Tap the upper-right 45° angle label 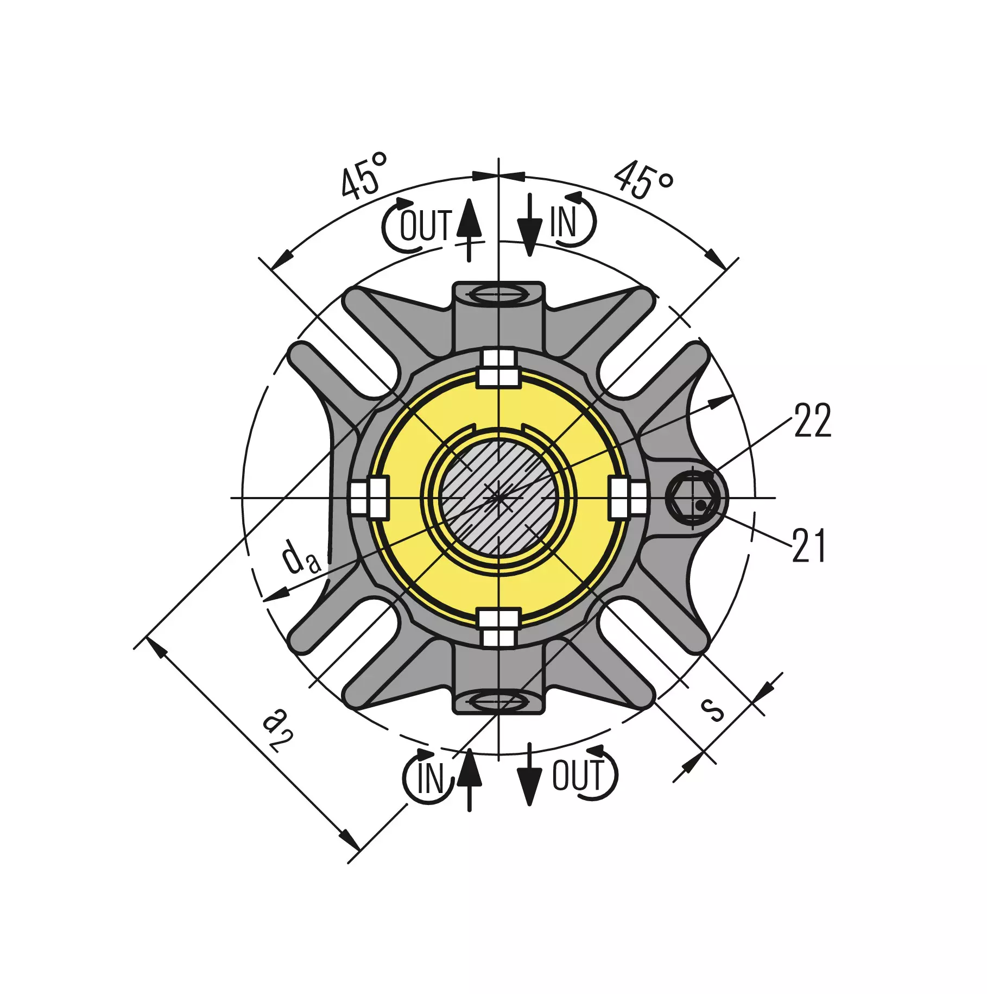[644, 179]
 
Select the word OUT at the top [426, 225]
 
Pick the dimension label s [712, 709]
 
